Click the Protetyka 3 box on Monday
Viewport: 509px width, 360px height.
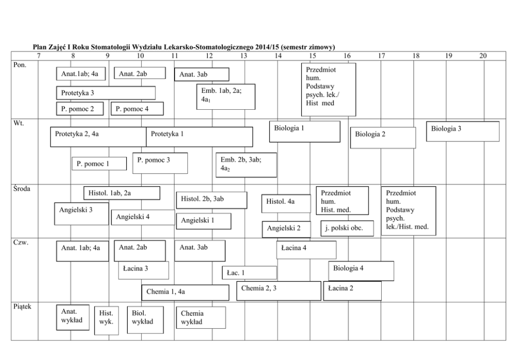(x=106, y=93)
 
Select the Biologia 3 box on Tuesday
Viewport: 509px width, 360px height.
(x=463, y=131)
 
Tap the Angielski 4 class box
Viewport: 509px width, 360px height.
(x=143, y=217)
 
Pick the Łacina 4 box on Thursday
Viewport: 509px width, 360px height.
(x=306, y=250)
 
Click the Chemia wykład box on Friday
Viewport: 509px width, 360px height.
(x=201, y=317)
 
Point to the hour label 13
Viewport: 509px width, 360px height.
(x=244, y=55)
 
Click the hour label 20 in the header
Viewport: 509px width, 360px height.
(x=483, y=55)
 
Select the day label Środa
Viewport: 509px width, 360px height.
(x=22, y=189)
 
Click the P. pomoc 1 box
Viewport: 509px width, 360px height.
(x=99, y=164)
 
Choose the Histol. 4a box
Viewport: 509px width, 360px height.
(x=279, y=203)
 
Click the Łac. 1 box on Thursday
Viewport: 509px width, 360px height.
(x=249, y=273)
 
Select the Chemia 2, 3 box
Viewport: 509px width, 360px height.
(x=279, y=290)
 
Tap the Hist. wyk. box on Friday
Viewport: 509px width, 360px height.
(x=107, y=321)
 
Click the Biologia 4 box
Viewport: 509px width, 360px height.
(x=361, y=271)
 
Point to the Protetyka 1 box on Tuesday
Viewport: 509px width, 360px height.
(x=199, y=136)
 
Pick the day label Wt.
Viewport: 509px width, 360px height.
(x=18, y=123)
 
